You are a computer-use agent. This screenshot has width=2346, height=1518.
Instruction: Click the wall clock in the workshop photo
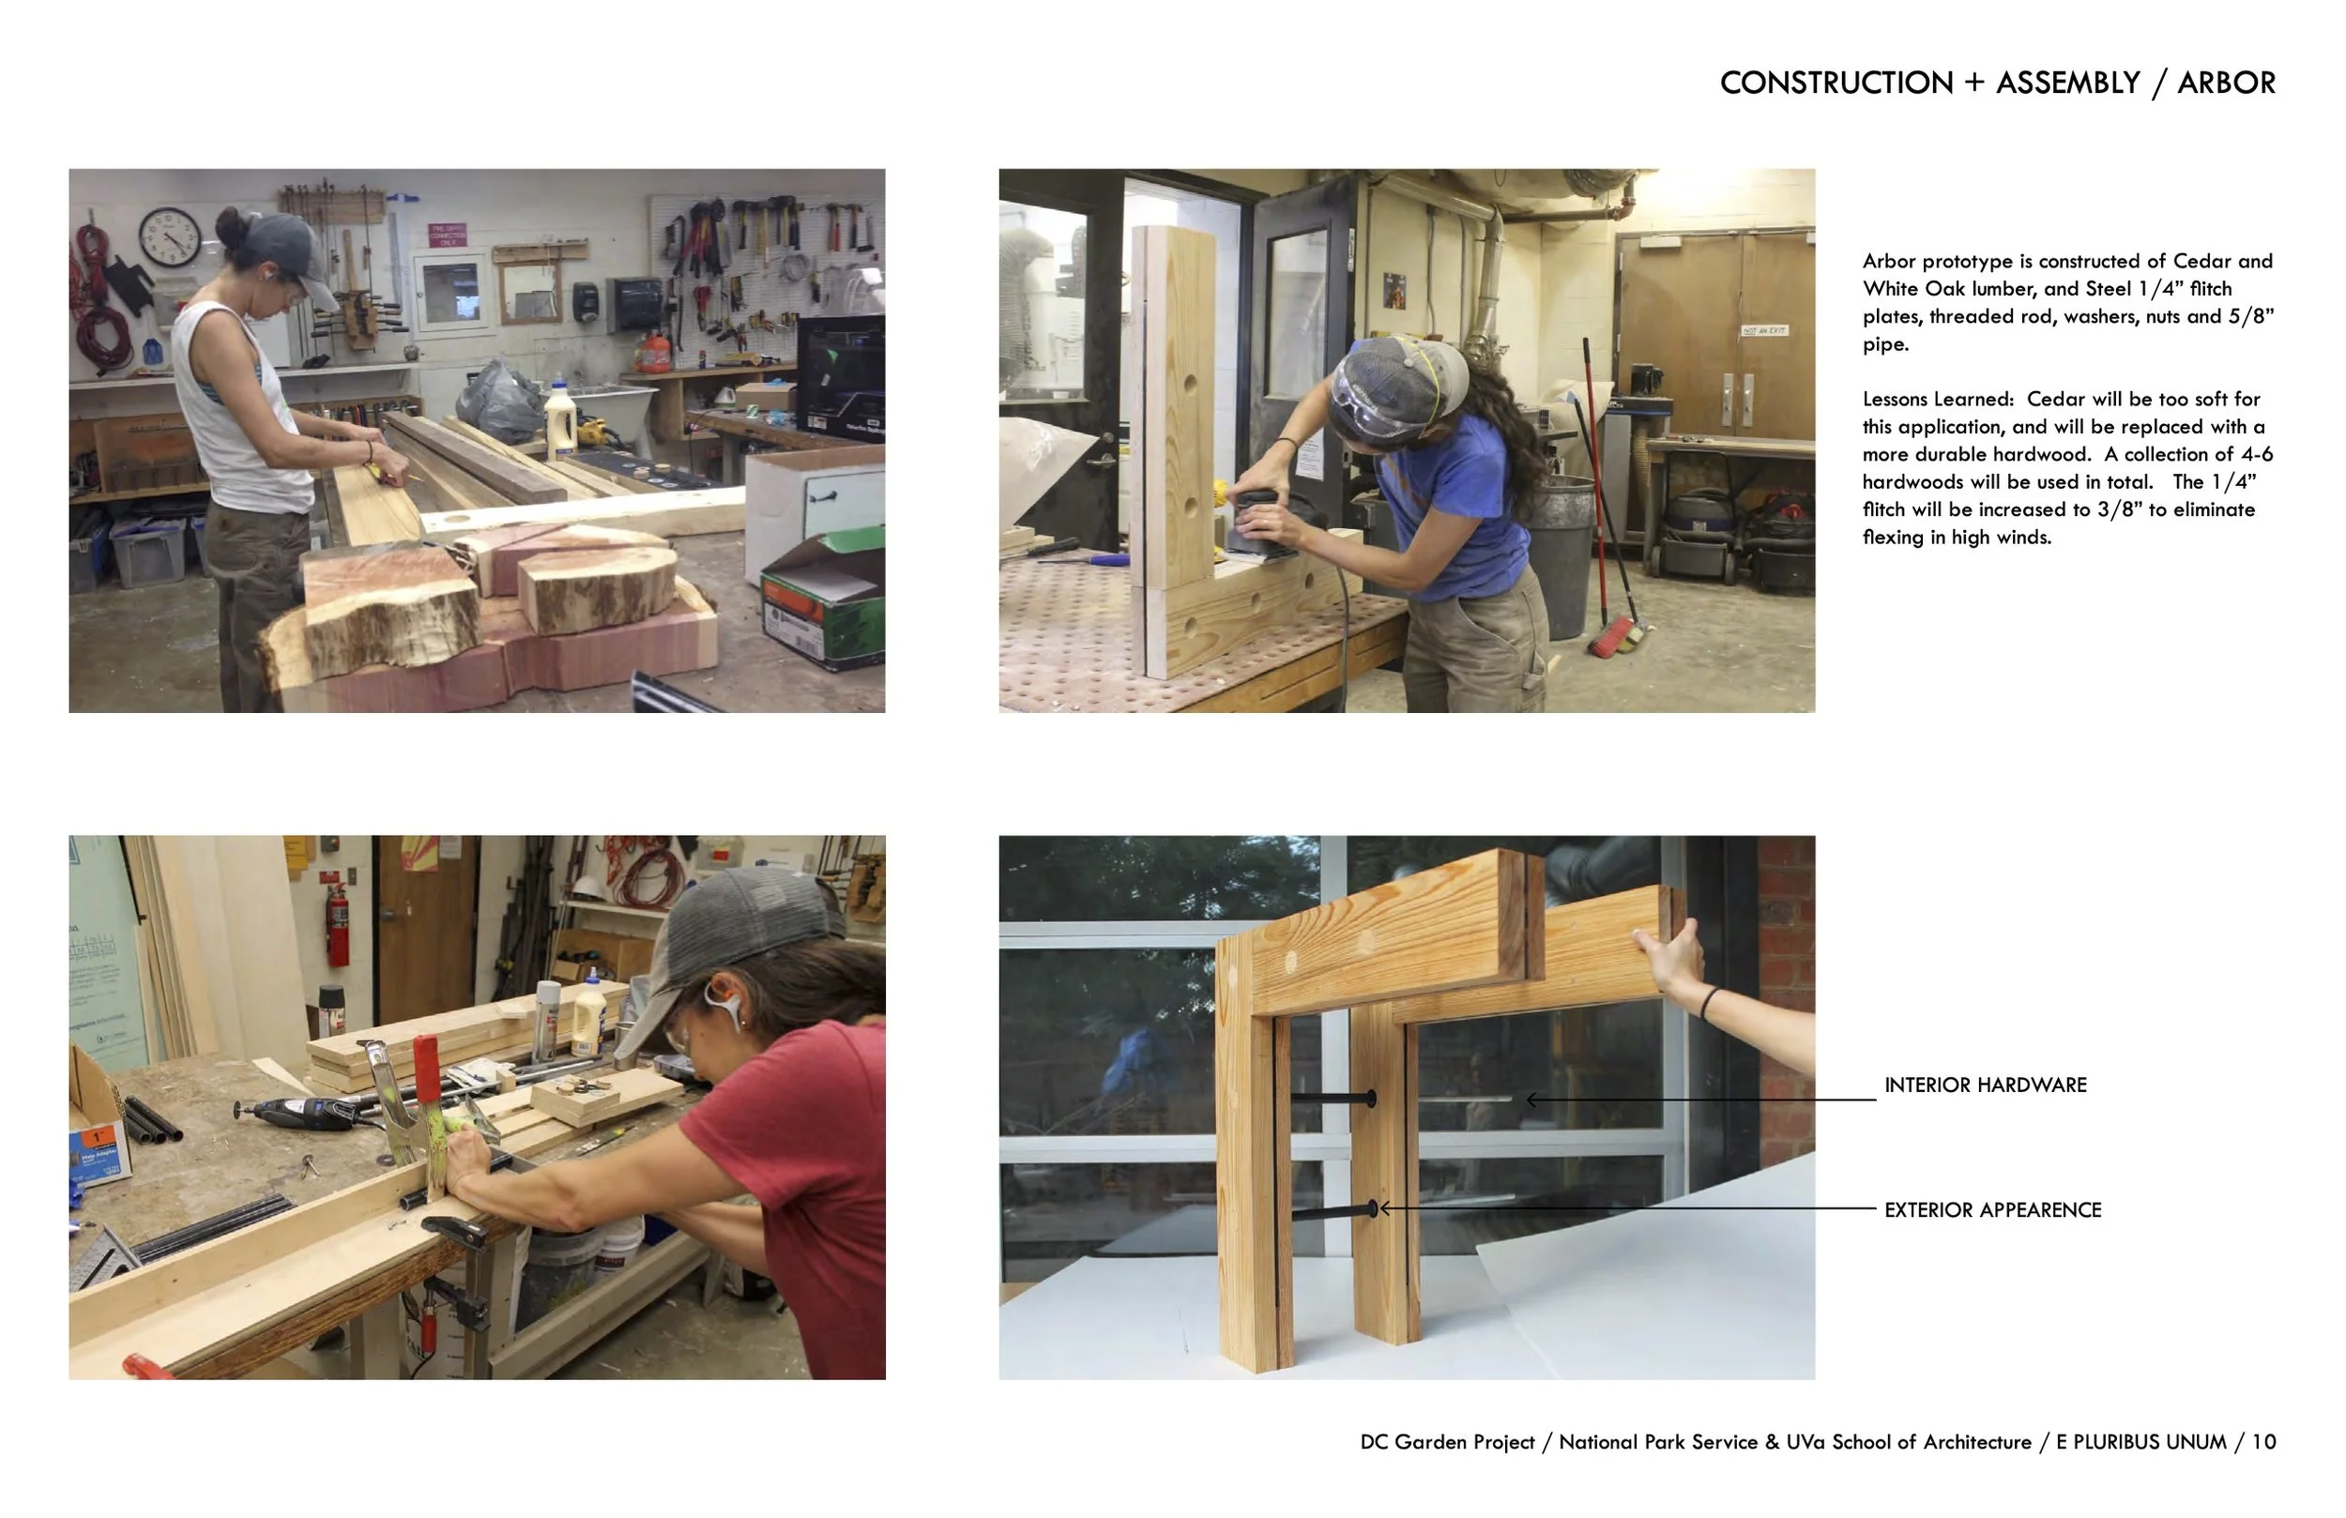(x=170, y=236)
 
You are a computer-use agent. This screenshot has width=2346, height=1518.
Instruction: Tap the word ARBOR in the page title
(x=2226, y=83)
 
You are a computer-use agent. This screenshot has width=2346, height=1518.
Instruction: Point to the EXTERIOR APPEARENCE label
(x=1992, y=1209)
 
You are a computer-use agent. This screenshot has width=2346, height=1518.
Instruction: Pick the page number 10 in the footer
(x=2264, y=1442)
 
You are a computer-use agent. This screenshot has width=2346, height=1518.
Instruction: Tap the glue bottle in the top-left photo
(x=560, y=419)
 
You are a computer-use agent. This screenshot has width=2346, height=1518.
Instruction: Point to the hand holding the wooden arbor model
(x=1670, y=956)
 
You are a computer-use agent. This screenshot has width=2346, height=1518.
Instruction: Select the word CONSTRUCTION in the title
(x=1836, y=83)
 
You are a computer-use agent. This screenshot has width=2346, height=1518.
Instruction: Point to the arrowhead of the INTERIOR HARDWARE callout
(x=1530, y=1099)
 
